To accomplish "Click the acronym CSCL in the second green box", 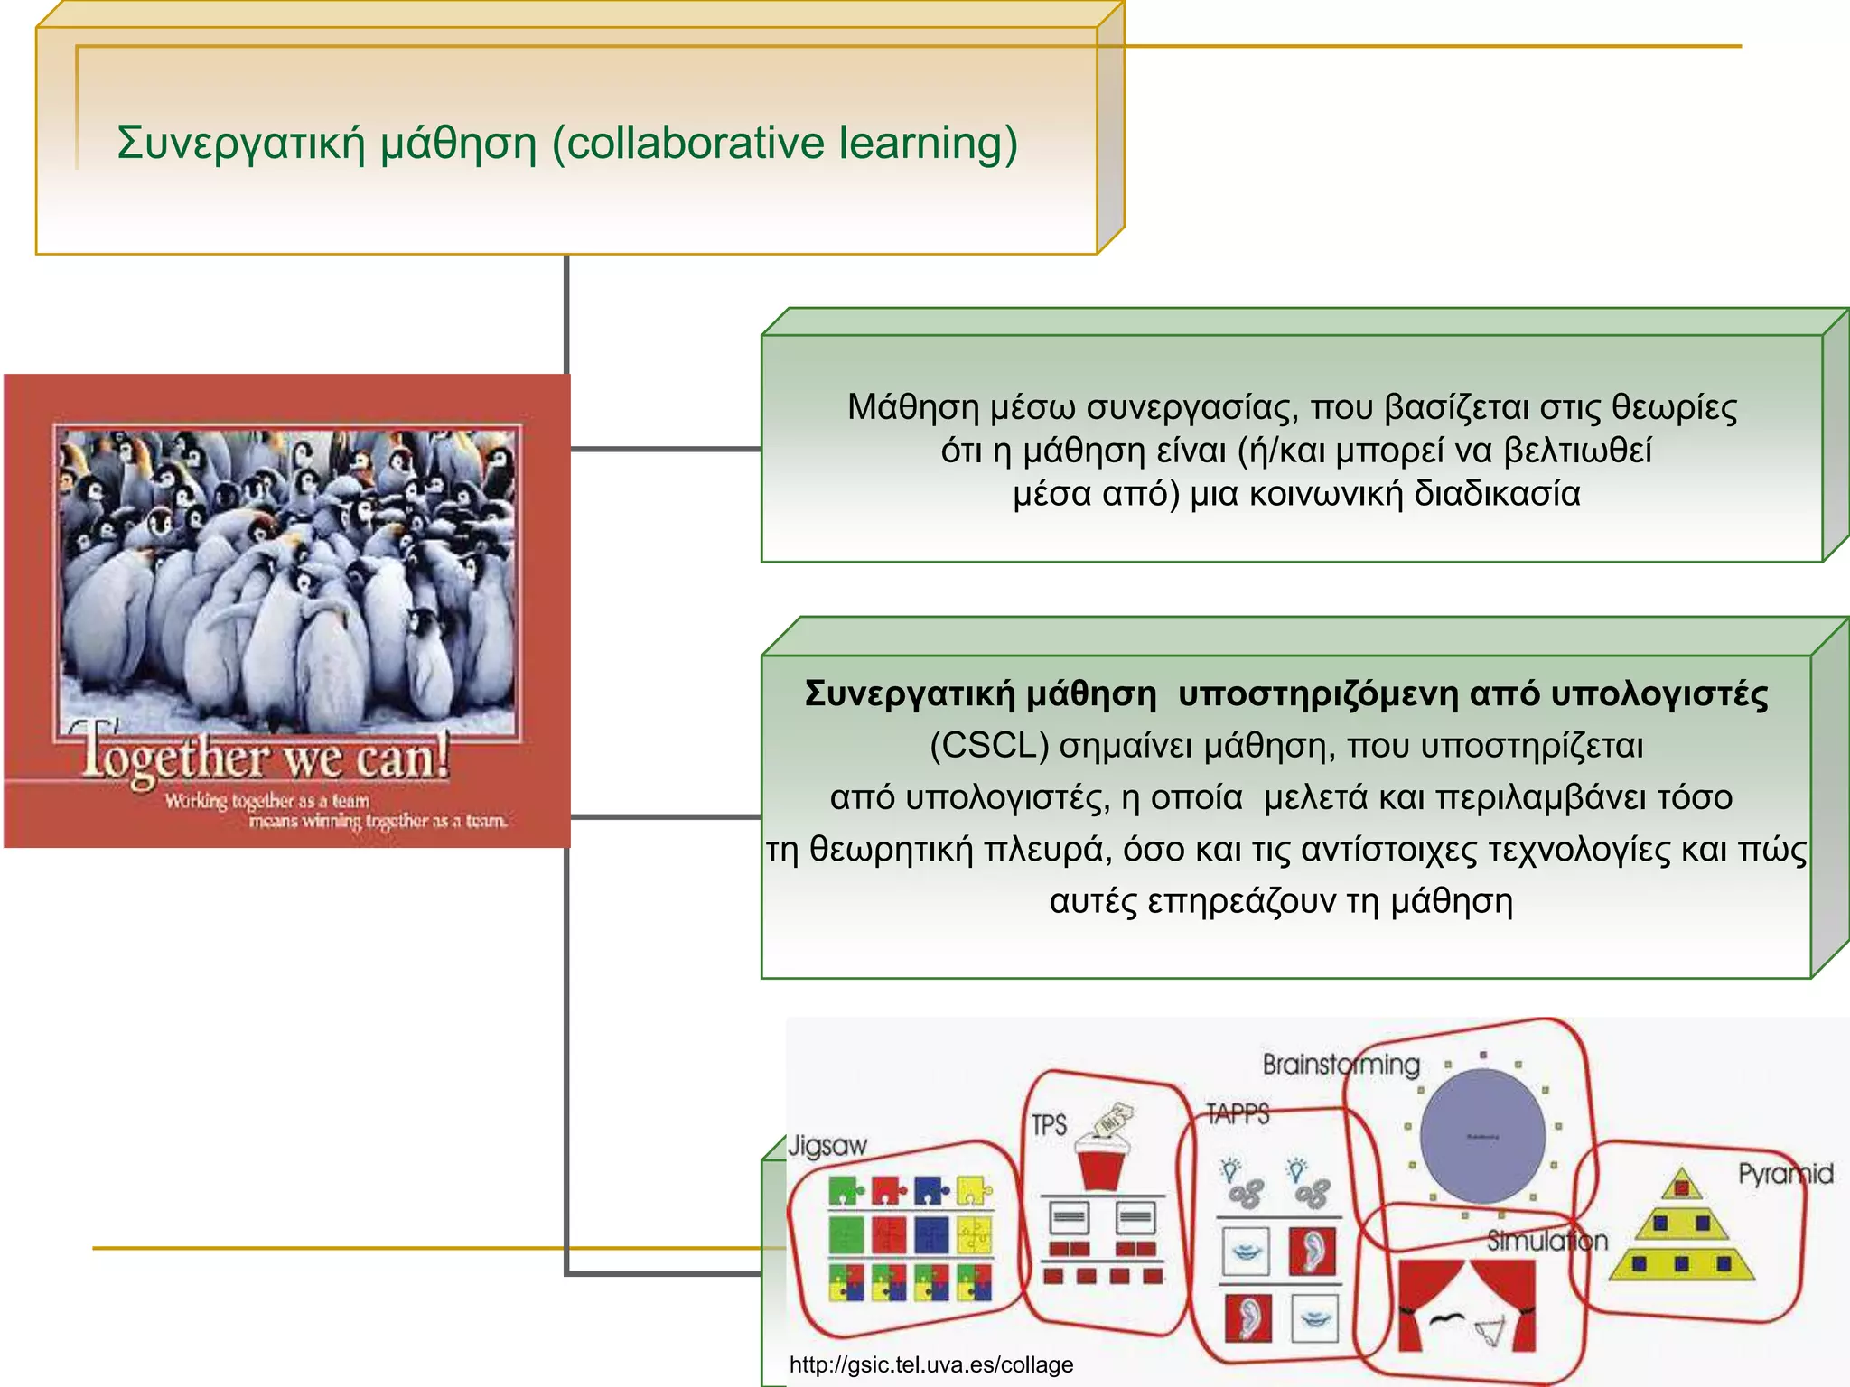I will (x=988, y=746).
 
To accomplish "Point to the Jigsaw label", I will (x=827, y=1146).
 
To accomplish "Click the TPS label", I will (x=1049, y=1125).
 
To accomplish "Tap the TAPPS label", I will (x=1238, y=1113).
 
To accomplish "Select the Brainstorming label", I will (x=1341, y=1065).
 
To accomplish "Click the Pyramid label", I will (x=1785, y=1174).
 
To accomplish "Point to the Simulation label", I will (x=1547, y=1241).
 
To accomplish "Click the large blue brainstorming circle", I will (x=1482, y=1136).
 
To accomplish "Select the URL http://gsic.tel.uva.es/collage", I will (x=931, y=1364).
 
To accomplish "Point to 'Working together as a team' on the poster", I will (x=267, y=801).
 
